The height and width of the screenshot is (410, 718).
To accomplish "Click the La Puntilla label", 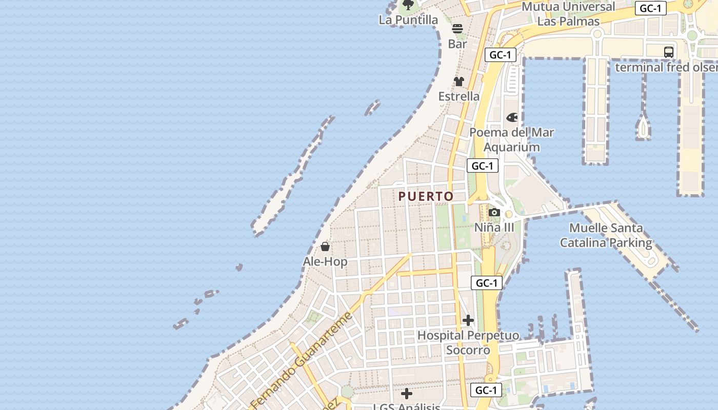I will click(x=408, y=20).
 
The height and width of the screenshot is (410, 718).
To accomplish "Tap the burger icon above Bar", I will click(x=457, y=29).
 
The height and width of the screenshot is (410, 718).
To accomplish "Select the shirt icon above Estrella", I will click(x=459, y=81).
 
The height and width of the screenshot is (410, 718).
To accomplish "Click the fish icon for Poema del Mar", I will click(x=512, y=118).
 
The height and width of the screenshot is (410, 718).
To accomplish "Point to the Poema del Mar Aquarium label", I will click(x=512, y=139).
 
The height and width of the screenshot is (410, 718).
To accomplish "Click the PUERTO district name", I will click(x=426, y=196).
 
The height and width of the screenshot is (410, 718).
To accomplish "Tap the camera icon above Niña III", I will click(x=494, y=212).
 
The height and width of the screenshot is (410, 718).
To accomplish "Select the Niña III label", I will click(x=494, y=227).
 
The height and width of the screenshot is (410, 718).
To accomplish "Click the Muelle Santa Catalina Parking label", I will click(x=606, y=235).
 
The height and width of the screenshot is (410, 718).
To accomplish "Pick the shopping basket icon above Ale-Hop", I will click(x=325, y=247).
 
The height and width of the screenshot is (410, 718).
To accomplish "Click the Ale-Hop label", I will click(x=325, y=261).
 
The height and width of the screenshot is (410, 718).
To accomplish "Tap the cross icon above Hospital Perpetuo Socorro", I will click(x=468, y=321).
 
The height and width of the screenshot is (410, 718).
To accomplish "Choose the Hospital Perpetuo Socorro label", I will click(x=468, y=343).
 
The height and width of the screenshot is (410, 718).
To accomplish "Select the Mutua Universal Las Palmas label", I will click(x=568, y=14).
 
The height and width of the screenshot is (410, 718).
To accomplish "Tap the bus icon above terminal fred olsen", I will click(x=669, y=52).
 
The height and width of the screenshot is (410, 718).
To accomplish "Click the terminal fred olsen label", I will click(x=666, y=67).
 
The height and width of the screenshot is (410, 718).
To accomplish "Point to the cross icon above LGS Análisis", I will click(x=407, y=394).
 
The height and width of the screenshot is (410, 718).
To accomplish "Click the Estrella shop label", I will click(x=459, y=96).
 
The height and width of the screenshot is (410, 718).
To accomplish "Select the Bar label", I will click(x=457, y=44).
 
